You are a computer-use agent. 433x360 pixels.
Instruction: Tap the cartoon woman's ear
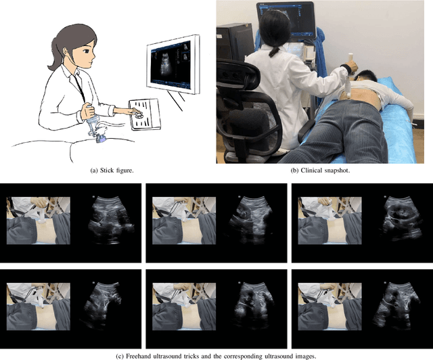66,51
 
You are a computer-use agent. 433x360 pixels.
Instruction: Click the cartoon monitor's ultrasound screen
170,64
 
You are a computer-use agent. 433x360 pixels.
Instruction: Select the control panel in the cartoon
145,114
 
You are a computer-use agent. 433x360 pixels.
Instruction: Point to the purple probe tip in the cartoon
101,139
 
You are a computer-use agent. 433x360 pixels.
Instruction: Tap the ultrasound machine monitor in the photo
286,20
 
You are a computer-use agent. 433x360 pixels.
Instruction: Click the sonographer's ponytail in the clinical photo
274,51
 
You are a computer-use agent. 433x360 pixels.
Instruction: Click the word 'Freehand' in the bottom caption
137,356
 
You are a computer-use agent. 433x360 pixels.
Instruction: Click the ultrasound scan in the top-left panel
111,220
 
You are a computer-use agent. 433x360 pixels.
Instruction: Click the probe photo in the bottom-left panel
39,307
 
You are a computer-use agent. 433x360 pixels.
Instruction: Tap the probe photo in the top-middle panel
184,221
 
